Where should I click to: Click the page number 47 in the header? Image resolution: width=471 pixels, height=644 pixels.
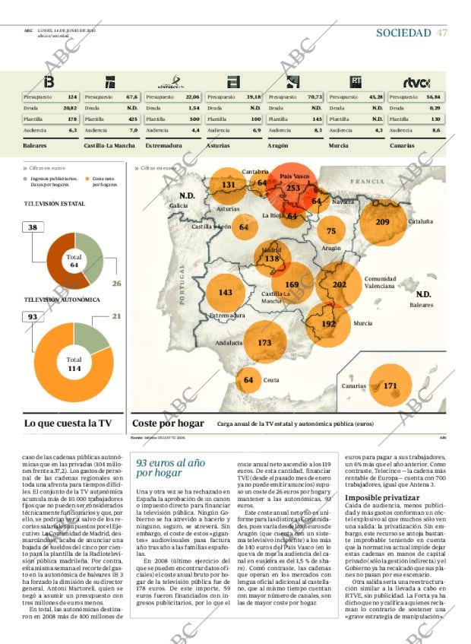click(x=441, y=33)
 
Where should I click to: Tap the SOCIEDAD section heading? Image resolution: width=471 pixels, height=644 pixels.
click(x=403, y=33)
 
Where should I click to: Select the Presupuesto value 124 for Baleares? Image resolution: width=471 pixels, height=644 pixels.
click(x=72, y=97)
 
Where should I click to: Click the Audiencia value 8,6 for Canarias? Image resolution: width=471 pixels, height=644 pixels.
click(x=435, y=131)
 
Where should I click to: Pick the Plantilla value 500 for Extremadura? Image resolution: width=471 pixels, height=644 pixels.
click(x=194, y=119)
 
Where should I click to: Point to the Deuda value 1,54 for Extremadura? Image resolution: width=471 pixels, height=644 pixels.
click(x=194, y=109)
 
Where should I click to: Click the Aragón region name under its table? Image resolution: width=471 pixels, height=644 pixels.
click(x=278, y=144)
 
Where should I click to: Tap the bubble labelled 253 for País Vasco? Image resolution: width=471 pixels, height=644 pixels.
click(x=293, y=188)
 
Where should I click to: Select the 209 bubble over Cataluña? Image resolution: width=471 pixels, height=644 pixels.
click(x=382, y=222)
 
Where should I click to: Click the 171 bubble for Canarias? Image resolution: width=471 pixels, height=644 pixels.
click(x=390, y=386)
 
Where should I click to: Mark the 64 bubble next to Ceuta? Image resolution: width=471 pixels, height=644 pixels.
click(x=248, y=379)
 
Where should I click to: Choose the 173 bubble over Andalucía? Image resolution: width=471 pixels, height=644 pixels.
click(x=264, y=343)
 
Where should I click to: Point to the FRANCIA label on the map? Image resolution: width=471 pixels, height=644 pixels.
click(x=368, y=182)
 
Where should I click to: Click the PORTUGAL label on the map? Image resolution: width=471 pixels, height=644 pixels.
click(x=182, y=285)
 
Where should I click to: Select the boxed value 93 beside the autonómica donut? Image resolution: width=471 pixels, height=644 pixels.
click(x=33, y=316)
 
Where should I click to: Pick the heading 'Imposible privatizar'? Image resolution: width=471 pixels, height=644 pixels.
click(x=377, y=497)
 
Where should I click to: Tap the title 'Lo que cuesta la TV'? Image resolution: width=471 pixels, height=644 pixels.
click(x=68, y=424)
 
